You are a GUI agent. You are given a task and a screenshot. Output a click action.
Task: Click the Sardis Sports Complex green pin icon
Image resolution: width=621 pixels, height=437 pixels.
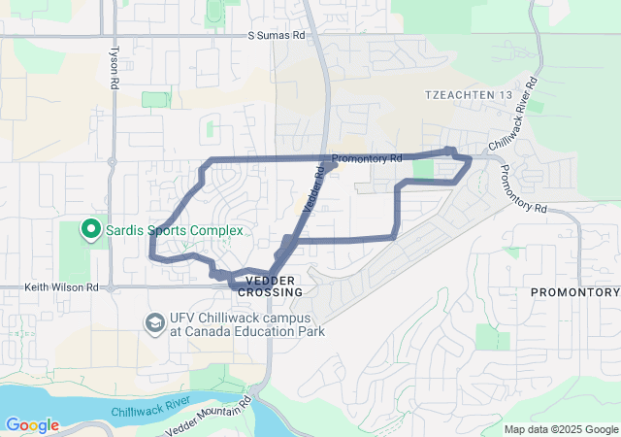coord(90,229)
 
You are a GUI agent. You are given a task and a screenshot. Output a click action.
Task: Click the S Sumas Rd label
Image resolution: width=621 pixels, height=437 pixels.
coord(276,35)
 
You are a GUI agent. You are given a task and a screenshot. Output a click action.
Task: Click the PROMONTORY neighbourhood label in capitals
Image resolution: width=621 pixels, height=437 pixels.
coord(574,292)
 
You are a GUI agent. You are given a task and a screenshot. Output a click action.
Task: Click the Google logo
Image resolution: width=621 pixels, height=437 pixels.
coord(32,425)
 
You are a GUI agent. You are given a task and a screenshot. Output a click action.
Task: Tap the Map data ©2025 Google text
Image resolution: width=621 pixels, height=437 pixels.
coord(561,429)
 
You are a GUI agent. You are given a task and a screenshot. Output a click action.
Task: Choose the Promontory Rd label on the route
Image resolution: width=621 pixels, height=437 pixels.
coord(366,158)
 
